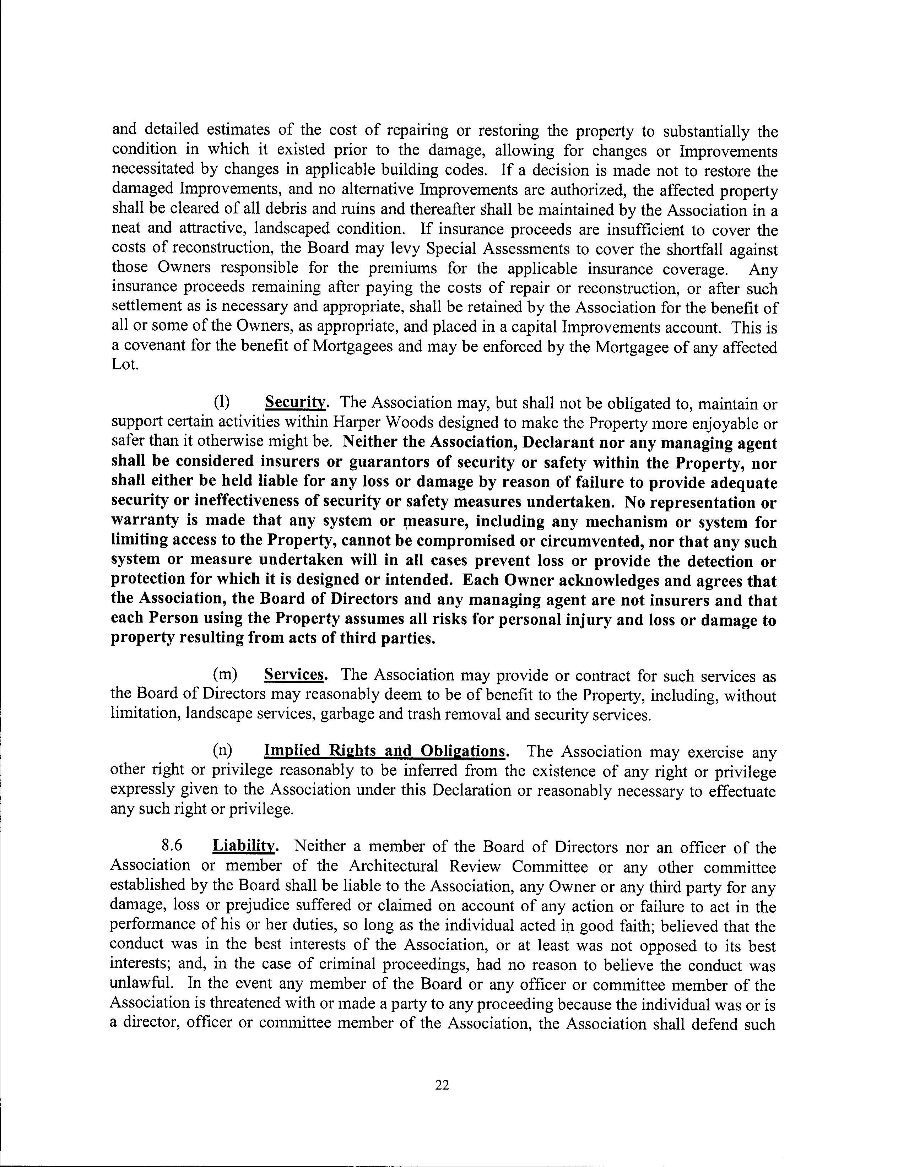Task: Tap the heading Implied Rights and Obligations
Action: [385, 751]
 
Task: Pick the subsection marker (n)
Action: [223, 751]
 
